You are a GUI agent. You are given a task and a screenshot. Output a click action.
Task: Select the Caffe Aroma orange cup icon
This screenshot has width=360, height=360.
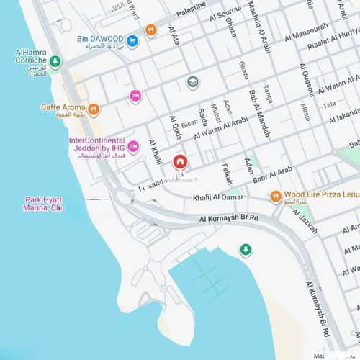coord(93,110)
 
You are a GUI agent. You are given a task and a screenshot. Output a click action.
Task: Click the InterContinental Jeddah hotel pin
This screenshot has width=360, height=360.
coord(132,148)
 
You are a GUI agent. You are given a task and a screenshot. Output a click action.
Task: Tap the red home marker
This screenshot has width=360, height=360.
coord(179,161)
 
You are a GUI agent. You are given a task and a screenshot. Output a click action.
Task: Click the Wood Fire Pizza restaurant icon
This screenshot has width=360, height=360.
coord(275,196)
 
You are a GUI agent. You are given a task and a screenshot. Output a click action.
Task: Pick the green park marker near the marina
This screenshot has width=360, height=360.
coord(246,250)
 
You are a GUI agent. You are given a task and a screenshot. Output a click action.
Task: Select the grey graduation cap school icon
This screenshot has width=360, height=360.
coord(193,82)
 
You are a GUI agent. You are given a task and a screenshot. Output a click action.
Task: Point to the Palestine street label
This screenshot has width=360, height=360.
coord(190,12)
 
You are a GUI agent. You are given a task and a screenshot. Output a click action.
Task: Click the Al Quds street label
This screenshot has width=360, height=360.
coord(173,128)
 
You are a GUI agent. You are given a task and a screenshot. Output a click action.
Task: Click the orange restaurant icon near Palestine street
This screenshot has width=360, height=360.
coord(150,30)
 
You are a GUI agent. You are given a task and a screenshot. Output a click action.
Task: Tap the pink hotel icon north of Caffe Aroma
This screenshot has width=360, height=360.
coord(135,95)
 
